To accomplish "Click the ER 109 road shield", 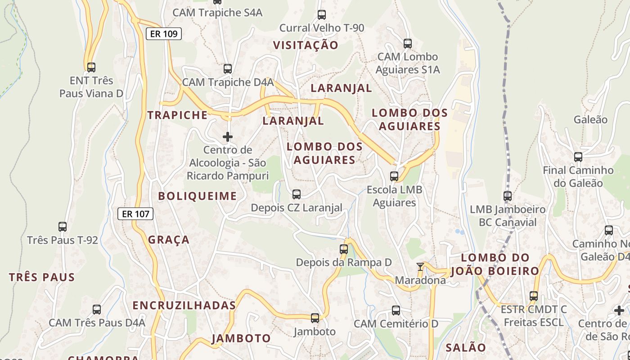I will [164, 34].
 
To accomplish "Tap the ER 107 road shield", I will [135, 214].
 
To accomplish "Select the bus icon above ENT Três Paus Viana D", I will [91, 67].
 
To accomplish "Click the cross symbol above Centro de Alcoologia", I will [228, 136].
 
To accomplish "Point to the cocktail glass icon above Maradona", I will [420, 267].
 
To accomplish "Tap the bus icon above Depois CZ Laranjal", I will [297, 194].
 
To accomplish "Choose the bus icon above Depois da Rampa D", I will [344, 249].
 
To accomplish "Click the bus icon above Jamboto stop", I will [315, 318].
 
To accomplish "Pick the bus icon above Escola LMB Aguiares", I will [394, 176].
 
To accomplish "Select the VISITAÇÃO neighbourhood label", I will [306, 45].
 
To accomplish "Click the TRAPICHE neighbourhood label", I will [178, 115].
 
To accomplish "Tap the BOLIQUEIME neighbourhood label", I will [197, 196].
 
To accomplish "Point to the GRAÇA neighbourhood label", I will [169, 240].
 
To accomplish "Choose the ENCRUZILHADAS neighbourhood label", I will [184, 305].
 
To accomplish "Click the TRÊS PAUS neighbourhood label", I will [42, 277].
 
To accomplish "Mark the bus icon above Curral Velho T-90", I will [322, 14].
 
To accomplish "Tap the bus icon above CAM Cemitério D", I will [396, 310].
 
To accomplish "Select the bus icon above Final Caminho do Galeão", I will [578, 157].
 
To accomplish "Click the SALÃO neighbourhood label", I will [466, 347].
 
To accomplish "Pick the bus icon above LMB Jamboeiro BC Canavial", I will [508, 196].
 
